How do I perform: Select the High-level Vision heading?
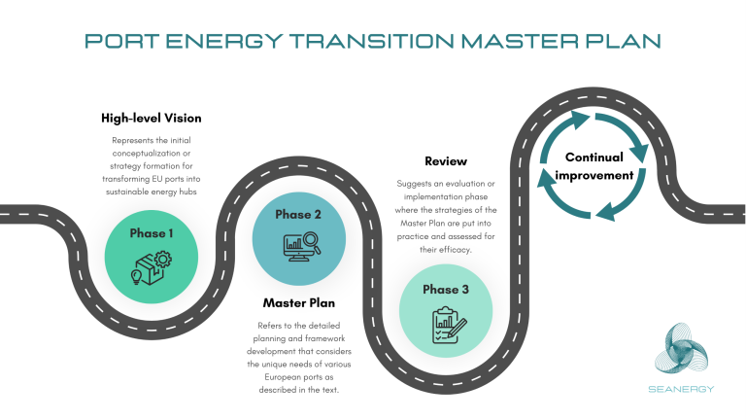[x=151, y=119]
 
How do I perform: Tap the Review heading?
[x=446, y=160]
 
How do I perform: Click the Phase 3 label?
[x=446, y=289]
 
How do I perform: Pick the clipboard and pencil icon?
[x=446, y=320]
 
